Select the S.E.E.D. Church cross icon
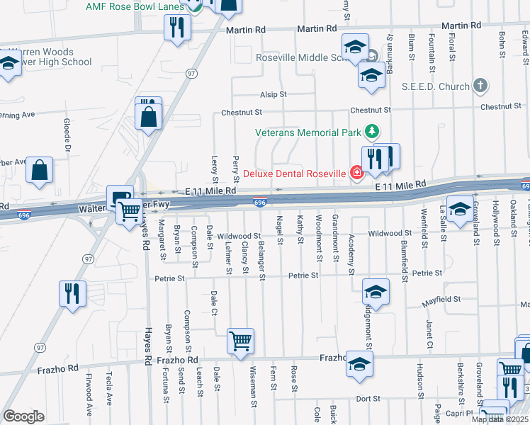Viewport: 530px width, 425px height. [481, 86]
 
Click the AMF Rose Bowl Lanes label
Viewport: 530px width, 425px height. [135, 6]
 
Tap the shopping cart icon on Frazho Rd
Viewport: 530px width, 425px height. [240, 341]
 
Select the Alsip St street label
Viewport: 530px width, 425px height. [273, 93]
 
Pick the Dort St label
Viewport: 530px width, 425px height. [368, 399]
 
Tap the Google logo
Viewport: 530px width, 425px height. [23, 416]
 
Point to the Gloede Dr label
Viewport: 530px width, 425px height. [69, 137]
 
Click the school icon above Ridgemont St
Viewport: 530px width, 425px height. [376, 292]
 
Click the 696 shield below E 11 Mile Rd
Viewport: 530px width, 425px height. [260, 203]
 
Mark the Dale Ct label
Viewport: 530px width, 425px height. [213, 311]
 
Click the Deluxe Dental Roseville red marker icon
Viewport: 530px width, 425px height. [356, 173]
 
